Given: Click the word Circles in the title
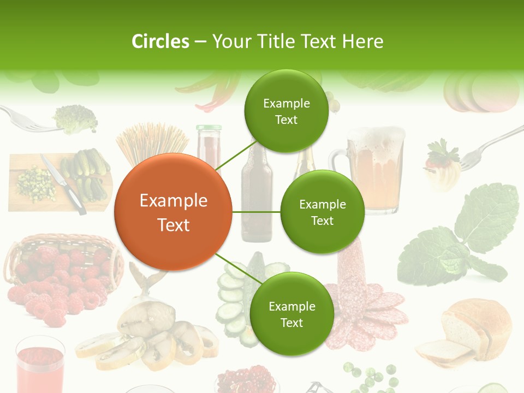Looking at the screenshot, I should click(x=160, y=41).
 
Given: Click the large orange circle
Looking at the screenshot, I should click(x=173, y=212).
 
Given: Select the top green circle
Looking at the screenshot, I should click(x=286, y=111).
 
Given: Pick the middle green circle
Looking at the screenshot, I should click(x=322, y=212).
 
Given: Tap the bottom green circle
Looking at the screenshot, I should click(x=291, y=314).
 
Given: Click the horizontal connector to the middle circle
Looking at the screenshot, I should click(x=256, y=212).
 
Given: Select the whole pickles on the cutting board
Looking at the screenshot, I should click(x=90, y=172).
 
